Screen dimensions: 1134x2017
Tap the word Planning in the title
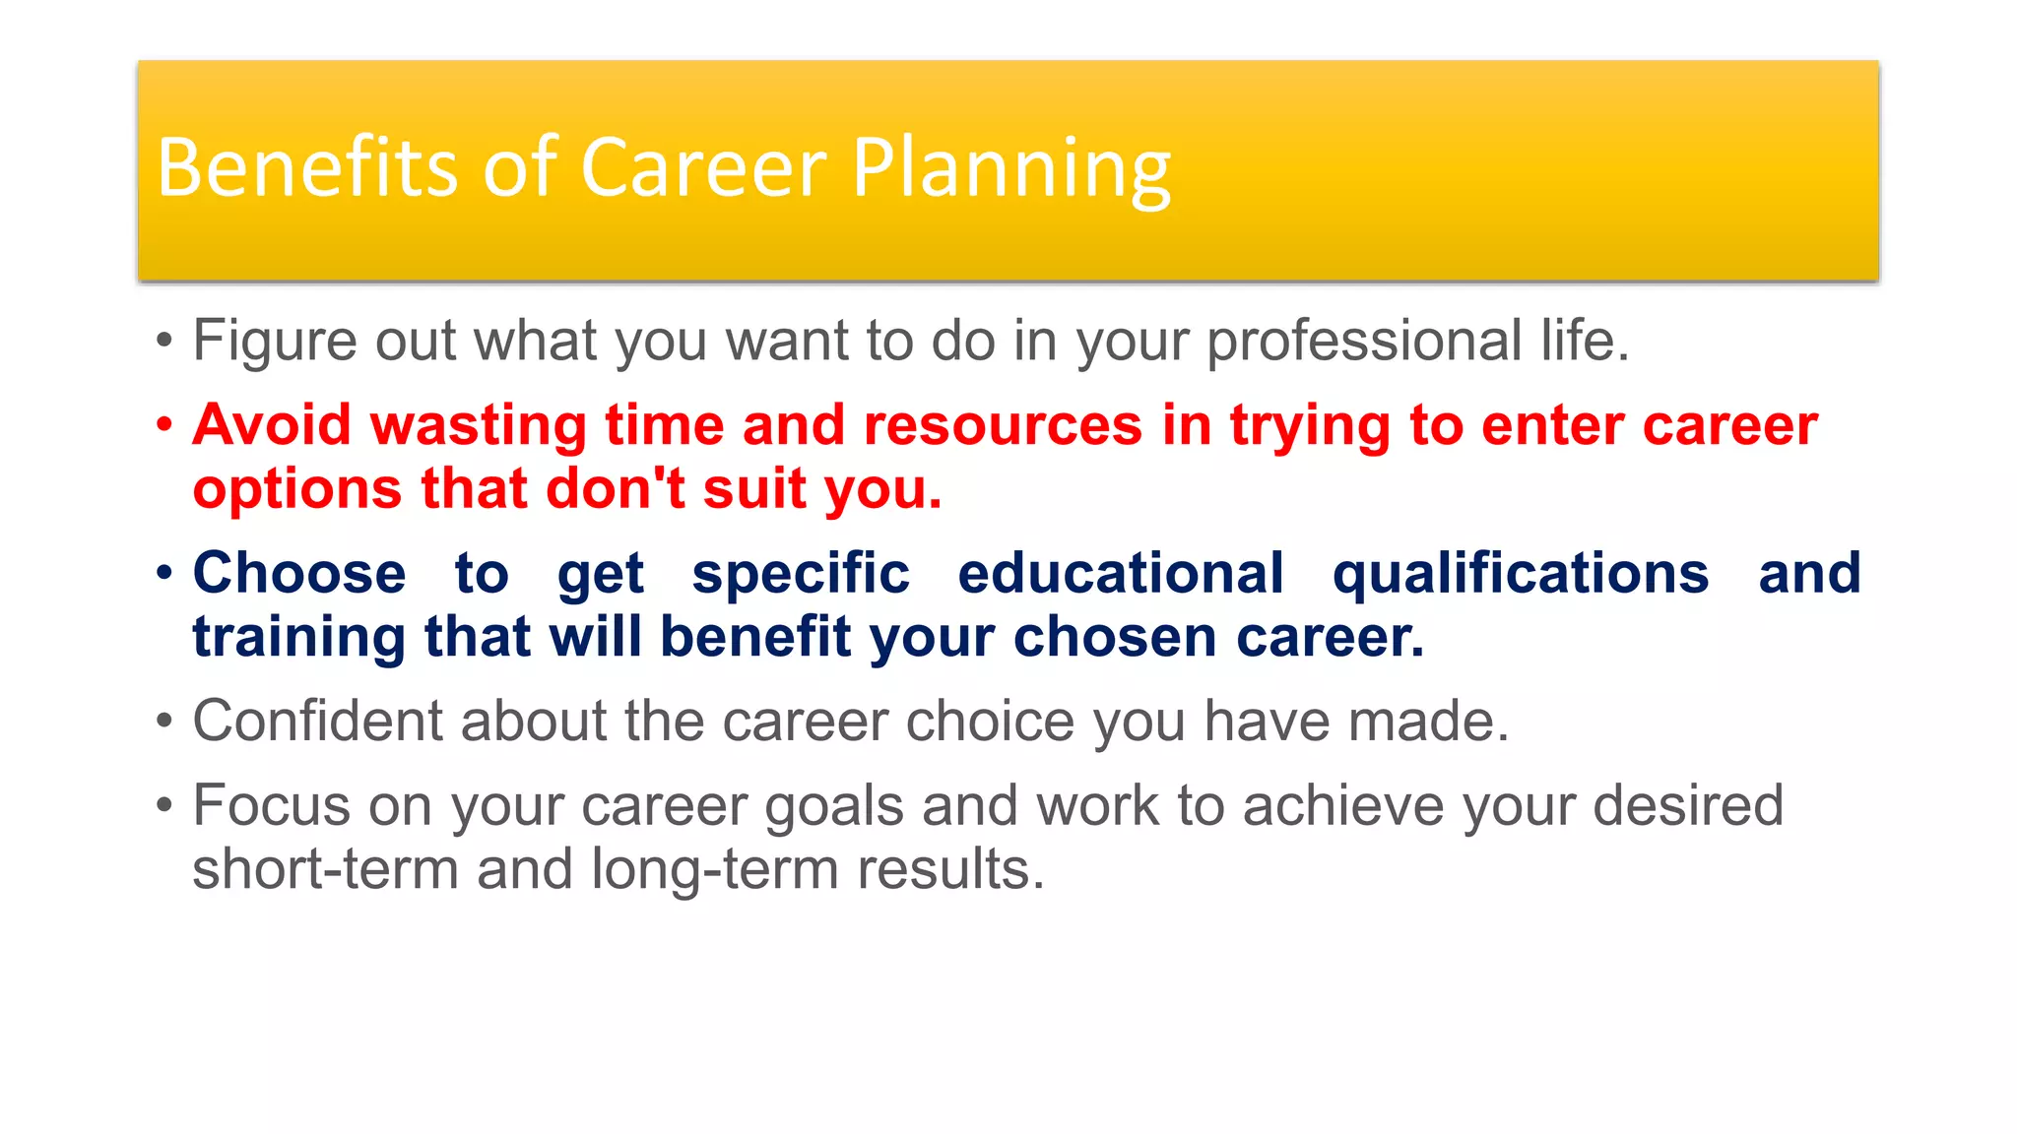pyautogui.click(x=1010, y=169)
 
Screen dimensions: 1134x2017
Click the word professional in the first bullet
pyautogui.click(x=1364, y=342)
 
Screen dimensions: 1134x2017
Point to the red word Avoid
pyautogui.click(x=272, y=425)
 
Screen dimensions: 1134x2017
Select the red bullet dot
pyautogui.click(x=164, y=425)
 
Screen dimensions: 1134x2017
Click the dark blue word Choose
pyautogui.click(x=298, y=573)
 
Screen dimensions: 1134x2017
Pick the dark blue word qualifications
pyautogui.click(x=1520, y=573)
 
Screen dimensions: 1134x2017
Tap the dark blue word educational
pyautogui.click(x=1120, y=573)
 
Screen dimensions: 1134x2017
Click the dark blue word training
pyautogui.click(x=298, y=637)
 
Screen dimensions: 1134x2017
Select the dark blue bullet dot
pyautogui.click(x=164, y=573)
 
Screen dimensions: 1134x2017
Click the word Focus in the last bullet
pyautogui.click(x=271, y=806)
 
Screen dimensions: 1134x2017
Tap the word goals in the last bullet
pyautogui.click(x=833, y=806)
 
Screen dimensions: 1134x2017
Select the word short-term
pyautogui.click(x=325, y=869)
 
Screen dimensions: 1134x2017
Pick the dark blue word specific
pyautogui.click(x=800, y=573)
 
